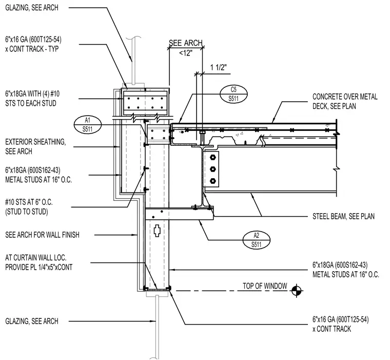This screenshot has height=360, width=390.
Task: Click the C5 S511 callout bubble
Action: pos(233,94)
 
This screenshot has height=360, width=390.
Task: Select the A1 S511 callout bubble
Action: pos(88,124)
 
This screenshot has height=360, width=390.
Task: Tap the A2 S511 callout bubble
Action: pos(257,240)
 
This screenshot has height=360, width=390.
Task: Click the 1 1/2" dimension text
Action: pos(219,67)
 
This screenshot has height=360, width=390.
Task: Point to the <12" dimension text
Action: pos(186,53)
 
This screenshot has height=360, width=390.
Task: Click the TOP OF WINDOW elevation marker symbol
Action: pos(296,291)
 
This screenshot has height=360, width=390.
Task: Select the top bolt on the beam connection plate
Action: pos(212,157)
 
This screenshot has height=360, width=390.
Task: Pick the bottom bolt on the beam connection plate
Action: pos(212,181)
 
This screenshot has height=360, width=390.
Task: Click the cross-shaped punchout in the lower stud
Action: pos(157,231)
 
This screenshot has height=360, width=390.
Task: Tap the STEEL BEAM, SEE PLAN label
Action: pos(343,216)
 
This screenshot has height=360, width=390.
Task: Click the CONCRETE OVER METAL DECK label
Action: pos(345,101)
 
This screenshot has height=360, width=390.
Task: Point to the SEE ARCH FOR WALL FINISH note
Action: pos(42,235)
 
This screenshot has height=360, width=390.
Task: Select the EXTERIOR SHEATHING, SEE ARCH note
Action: pos(35,147)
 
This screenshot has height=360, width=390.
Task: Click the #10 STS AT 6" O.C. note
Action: pos(29,207)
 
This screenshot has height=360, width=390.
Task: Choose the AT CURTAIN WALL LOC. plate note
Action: pos(39,262)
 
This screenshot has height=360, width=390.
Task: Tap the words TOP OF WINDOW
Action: pos(265,286)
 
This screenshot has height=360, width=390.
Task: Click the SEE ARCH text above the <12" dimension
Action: pos(186,43)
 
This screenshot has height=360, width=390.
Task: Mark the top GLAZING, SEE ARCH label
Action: pos(32,8)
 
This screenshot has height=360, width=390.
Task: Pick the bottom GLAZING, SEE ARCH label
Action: pos(32,321)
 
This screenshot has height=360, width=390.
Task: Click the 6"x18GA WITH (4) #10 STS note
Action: pos(32,98)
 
